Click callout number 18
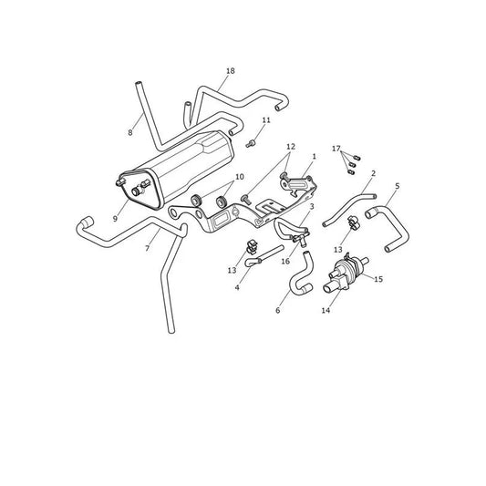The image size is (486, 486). tap(231, 71)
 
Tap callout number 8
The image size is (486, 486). tap(130, 132)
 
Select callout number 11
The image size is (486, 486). tap(266, 120)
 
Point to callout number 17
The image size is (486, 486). tap(336, 149)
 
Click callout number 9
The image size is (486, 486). tap(115, 219)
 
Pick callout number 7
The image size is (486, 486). tap(148, 248)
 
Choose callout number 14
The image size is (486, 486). tap(326, 310)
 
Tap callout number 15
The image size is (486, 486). tap(378, 279)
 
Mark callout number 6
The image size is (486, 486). tap(278, 310)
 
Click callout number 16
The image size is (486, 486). tap(285, 262)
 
